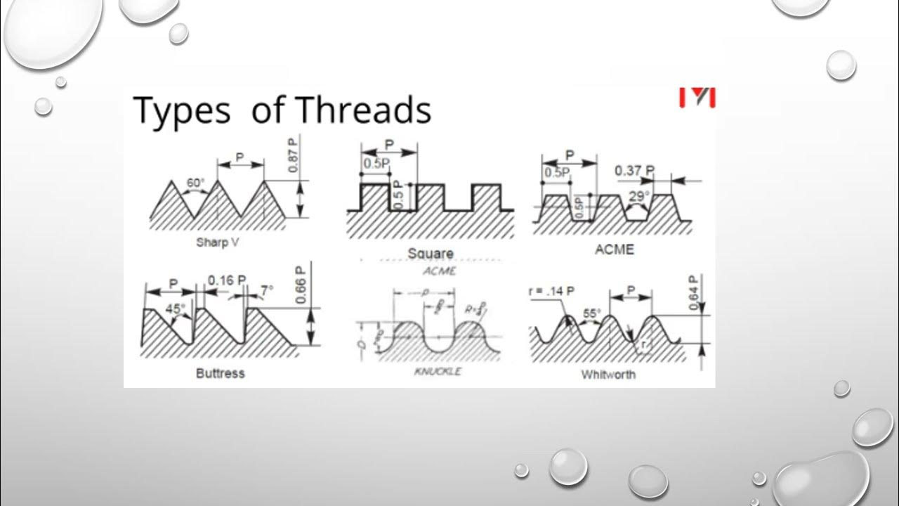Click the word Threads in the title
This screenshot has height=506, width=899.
point(363,110)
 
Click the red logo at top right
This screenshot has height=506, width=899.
point(697,97)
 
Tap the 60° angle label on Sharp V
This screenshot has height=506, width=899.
point(195,183)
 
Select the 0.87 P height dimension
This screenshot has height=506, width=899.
point(293,155)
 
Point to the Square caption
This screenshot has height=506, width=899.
point(430,253)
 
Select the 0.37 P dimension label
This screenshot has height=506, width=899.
point(634,171)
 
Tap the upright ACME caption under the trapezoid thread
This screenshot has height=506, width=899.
point(614,249)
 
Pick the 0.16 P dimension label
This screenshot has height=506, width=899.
point(227,280)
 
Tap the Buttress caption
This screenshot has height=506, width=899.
point(220,373)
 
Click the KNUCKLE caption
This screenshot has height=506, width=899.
point(438,371)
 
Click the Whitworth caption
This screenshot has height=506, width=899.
point(608,375)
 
